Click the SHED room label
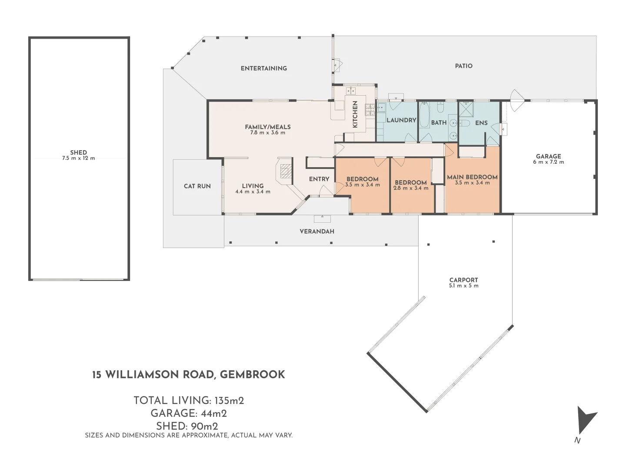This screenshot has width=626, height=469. (78, 152)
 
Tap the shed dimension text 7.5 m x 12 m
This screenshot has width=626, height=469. (78, 158)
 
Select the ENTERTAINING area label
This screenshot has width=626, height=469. (264, 68)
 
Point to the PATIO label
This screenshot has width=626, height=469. (463, 66)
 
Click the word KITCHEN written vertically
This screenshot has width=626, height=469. (355, 115)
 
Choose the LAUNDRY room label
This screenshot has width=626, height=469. (401, 120)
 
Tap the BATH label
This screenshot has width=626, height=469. (439, 123)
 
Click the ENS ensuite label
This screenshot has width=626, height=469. (481, 123)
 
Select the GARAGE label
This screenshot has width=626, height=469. (548, 156)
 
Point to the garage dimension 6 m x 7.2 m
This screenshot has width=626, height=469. (548, 162)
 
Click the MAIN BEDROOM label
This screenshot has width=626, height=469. (472, 177)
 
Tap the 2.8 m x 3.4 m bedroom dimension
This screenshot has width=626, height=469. (411, 188)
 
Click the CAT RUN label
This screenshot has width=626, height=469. (197, 186)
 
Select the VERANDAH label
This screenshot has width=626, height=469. (317, 231)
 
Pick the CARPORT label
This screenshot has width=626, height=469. (463, 280)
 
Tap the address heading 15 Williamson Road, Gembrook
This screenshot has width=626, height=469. (189, 375)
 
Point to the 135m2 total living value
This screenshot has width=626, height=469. (229, 400)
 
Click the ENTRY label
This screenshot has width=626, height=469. (319, 179)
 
